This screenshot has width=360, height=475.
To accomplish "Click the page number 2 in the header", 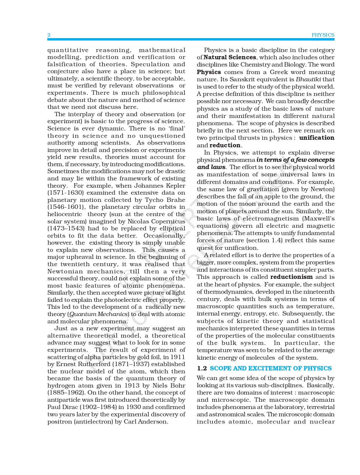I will pyautogui.click(x=49, y=35).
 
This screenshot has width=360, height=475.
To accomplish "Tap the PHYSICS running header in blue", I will pyautogui.click(x=323, y=35).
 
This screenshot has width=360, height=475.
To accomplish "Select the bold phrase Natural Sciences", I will pyautogui.click(x=230, y=57).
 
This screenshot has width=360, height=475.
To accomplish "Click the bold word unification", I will pyautogui.click(x=317, y=138).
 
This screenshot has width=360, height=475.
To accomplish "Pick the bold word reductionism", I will pyautogui.click(x=291, y=277).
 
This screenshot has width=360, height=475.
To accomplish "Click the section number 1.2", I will pyautogui.click(x=202, y=368).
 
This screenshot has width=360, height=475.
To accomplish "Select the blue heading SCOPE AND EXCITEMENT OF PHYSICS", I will pyautogui.click(x=270, y=368).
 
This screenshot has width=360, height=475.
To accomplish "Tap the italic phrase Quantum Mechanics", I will pyautogui.click(x=99, y=314).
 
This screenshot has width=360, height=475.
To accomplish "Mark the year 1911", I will pyautogui.click(x=178, y=357).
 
